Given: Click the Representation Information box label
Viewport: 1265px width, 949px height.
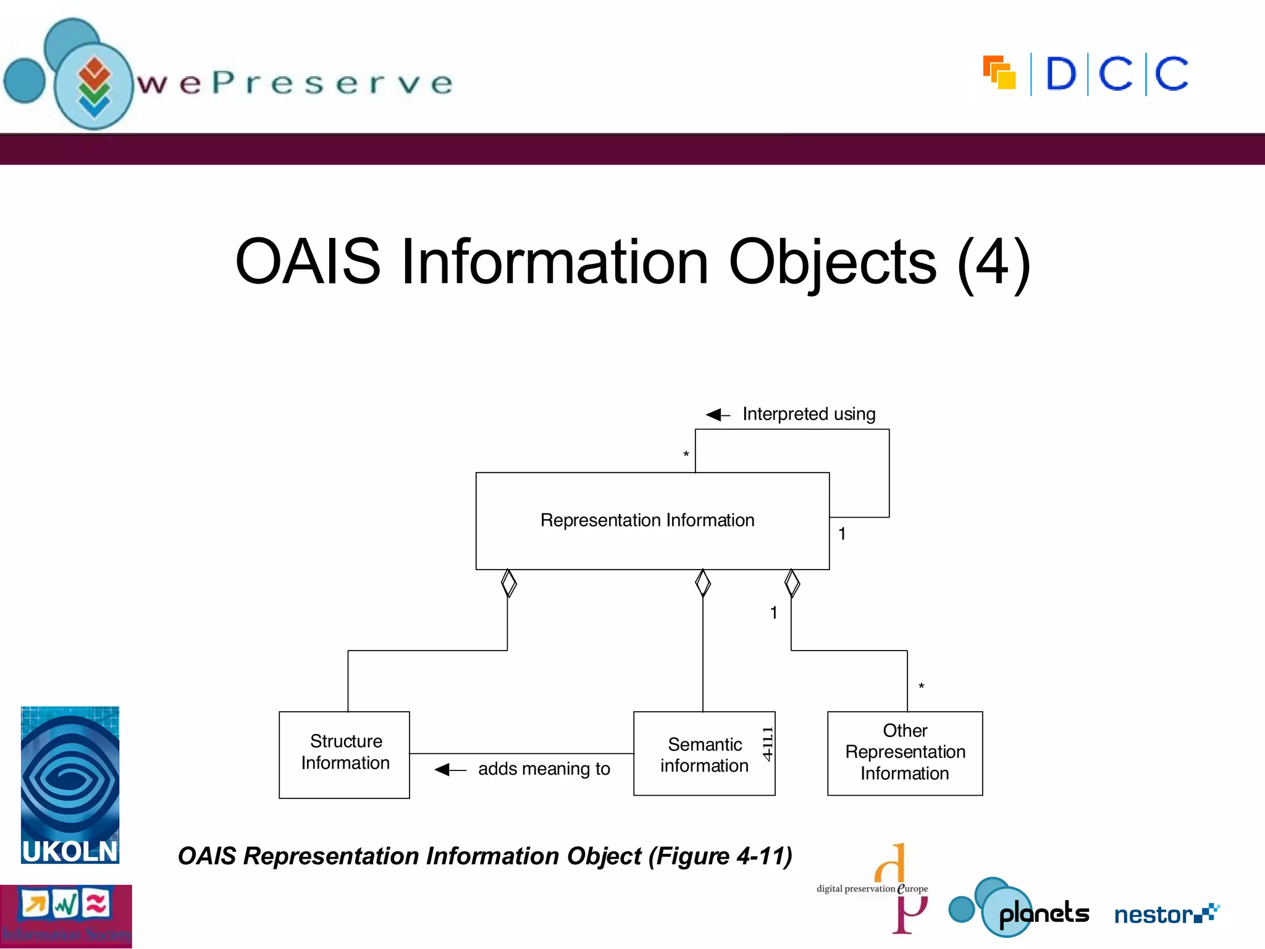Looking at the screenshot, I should point(647,520).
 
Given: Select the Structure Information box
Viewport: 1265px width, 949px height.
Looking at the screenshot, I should point(345,754).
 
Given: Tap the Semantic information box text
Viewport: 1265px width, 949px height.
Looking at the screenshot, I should point(704,754).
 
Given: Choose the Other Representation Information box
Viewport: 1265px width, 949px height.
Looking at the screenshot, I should point(905,753).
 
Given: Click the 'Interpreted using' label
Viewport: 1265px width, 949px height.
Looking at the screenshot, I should point(809,414).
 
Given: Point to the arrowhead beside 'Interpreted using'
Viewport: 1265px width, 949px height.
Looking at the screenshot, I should point(715,415).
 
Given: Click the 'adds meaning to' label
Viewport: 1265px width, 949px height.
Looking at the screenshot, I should point(544,769).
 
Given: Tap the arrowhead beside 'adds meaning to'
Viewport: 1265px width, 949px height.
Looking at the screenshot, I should point(443,769).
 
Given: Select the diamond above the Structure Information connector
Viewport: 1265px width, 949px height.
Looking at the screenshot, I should point(508,583).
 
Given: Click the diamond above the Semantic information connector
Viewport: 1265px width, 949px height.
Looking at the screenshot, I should point(703,583).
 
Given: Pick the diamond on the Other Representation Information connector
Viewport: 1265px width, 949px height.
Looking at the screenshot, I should point(792,583).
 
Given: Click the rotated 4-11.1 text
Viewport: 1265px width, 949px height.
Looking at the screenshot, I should point(768,744).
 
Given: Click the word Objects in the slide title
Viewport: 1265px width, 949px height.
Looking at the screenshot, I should point(832,262).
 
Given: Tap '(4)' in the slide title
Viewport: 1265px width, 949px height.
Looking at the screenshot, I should point(994,262).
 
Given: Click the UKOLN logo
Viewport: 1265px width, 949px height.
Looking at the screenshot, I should point(70,785).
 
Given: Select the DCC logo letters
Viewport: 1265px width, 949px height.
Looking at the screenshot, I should point(1117,74).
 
